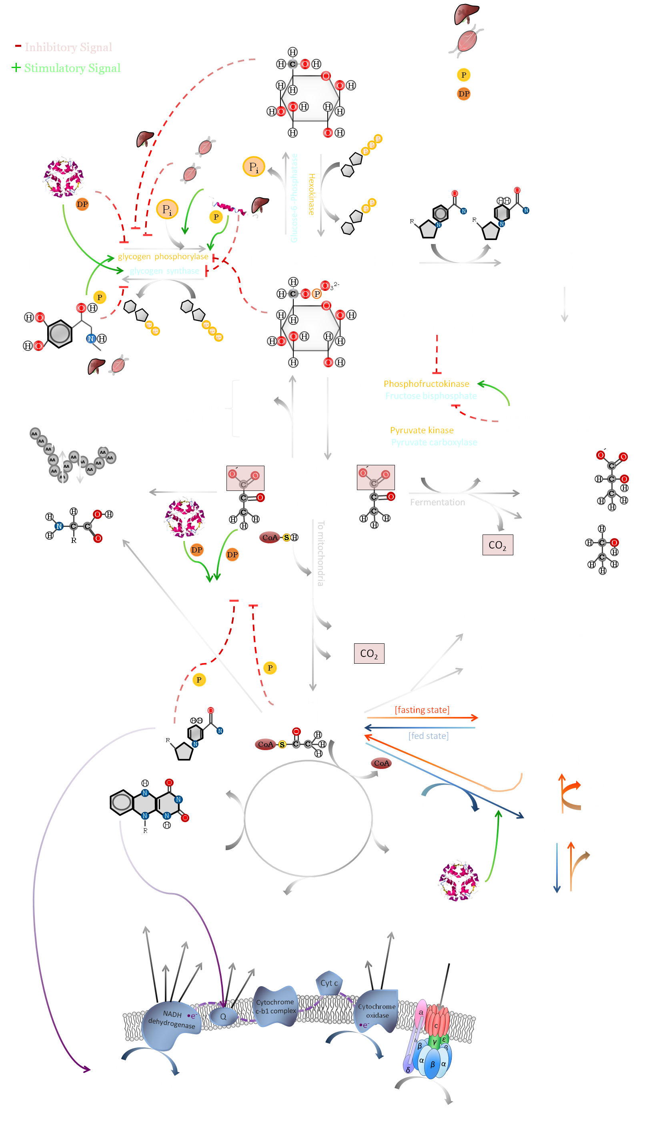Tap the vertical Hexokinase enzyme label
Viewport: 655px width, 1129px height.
point(312,194)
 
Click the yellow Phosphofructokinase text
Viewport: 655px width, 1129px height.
point(426,384)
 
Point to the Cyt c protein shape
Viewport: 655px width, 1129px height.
point(329,983)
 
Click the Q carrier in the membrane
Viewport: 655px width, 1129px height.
point(223,1017)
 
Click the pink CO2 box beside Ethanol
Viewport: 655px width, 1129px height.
point(497,545)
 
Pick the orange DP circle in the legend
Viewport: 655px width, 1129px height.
point(464,94)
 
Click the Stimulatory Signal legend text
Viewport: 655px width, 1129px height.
point(72,68)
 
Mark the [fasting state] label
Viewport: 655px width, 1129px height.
point(422,710)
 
